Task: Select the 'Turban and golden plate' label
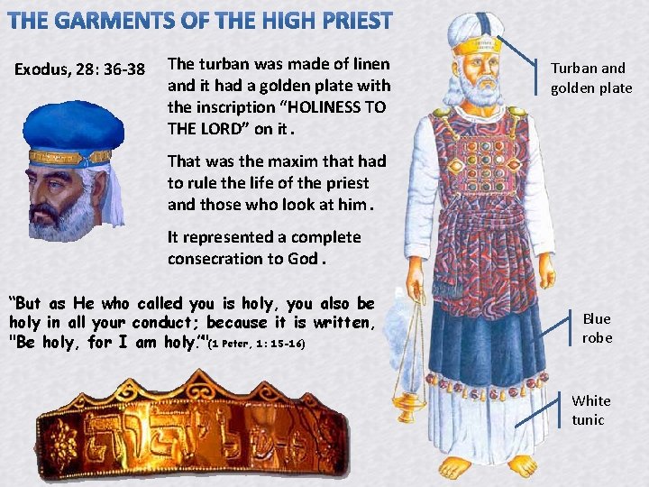591,78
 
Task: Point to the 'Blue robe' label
597,328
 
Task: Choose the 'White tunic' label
591,410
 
